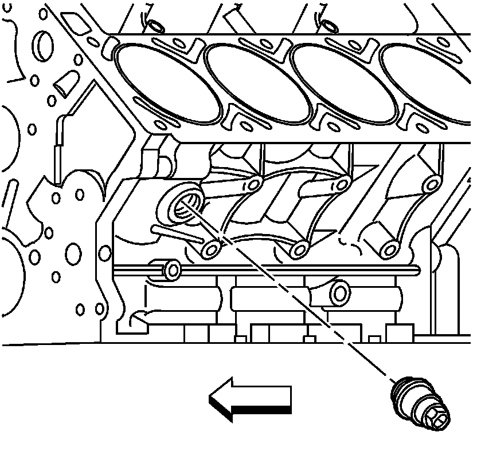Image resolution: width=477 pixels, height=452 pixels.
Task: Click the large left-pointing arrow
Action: (252, 398)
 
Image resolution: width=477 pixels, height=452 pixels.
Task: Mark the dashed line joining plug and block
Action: (298, 298)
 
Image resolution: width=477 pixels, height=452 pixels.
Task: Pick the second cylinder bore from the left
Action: (257, 84)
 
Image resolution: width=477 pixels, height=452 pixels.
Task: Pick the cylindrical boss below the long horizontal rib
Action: (339, 293)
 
